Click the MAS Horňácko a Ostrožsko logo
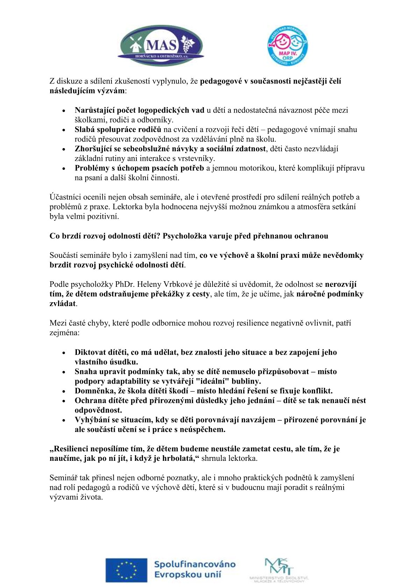click(161, 46)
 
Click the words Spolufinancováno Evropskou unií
click(194, 569)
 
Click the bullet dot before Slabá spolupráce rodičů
click(64, 130)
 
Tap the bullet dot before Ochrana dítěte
click(64, 401)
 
